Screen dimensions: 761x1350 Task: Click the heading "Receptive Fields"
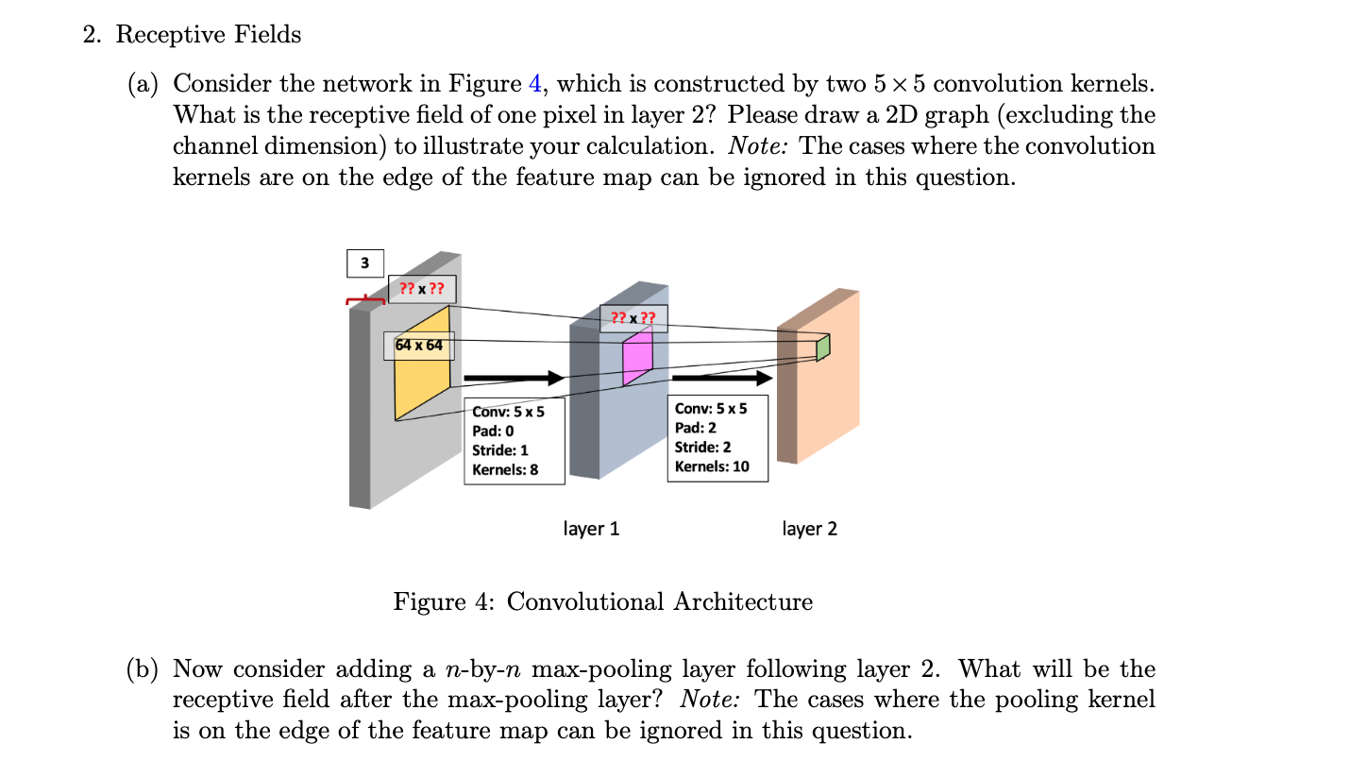[208, 35]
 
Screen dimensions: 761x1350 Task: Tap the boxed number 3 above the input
[365, 262]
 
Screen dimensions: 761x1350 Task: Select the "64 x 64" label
[419, 346]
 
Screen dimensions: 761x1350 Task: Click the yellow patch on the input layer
[421, 378]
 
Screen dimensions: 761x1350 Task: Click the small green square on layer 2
[822, 348]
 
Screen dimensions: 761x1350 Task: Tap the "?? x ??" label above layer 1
[633, 318]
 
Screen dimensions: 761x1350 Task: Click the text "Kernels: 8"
[505, 469]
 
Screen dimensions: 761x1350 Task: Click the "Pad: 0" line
[493, 431]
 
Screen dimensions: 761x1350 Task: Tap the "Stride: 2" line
[702, 447]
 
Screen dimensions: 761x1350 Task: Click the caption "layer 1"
[591, 529]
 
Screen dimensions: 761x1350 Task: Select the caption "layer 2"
[809, 529]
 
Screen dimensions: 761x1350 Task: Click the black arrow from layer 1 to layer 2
[721, 378]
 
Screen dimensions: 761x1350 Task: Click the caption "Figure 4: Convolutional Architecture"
[602, 601]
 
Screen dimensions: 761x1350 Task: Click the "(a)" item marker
[144, 84]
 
